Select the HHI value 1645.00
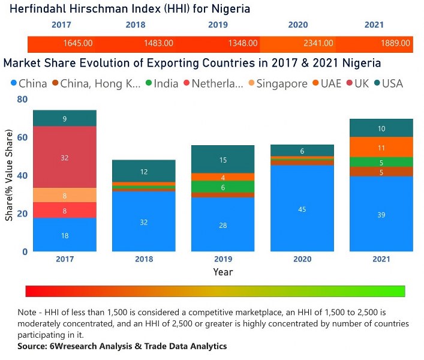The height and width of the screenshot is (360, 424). coord(78,44)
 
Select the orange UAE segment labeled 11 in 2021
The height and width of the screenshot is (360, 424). coord(381,147)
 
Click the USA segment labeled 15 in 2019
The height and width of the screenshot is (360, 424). coord(223,160)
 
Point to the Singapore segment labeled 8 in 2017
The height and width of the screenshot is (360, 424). coord(65,195)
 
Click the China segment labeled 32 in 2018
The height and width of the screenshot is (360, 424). coord(144,221)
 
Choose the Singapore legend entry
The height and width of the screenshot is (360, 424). coord(282,84)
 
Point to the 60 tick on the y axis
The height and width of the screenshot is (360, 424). coord(22,137)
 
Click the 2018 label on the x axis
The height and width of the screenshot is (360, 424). coord(144,259)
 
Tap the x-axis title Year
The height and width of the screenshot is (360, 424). coord(222,272)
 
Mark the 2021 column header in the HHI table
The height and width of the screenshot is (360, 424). coord(374,25)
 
